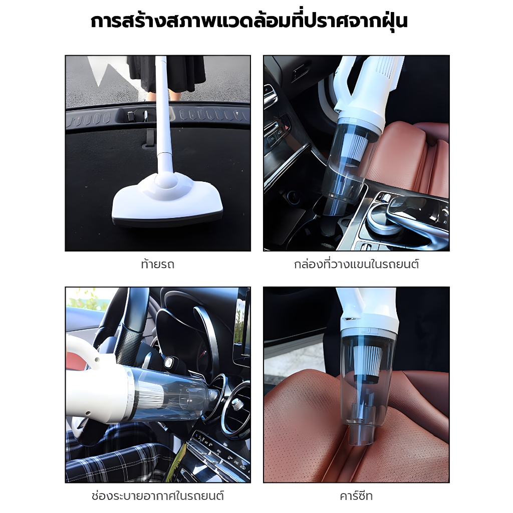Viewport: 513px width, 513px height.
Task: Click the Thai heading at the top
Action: pos(249,22)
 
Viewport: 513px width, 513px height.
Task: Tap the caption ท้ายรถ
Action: pos(157,265)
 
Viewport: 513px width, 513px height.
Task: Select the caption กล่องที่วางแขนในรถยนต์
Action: pos(356,265)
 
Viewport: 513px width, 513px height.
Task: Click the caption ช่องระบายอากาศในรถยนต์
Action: pos(157,496)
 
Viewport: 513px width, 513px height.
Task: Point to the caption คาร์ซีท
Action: pos(356,496)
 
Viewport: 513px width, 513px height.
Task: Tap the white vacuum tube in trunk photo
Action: pos(163,115)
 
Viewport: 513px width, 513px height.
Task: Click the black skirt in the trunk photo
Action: pos(165,73)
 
